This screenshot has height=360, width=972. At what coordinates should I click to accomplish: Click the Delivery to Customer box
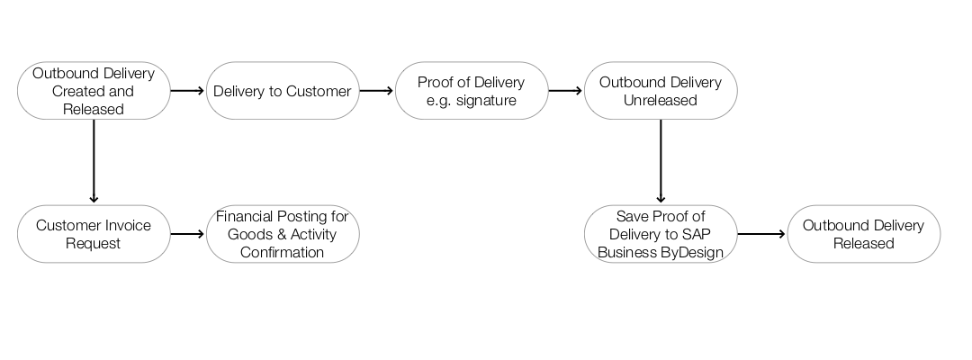282,91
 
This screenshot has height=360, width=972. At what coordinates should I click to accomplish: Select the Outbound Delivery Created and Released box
94,91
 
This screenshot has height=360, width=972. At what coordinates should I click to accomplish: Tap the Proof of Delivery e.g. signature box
471,91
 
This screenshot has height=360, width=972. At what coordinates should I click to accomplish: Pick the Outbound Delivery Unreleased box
660,91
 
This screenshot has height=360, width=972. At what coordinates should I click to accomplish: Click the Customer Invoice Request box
94,234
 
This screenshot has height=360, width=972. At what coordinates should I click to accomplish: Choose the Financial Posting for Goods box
282,234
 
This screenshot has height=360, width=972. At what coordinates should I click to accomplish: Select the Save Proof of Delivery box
660,234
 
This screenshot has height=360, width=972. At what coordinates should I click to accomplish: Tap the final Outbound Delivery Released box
863,234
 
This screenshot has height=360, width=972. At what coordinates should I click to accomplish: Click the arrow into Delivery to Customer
187,91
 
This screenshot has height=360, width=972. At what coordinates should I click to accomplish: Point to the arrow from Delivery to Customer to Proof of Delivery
376,91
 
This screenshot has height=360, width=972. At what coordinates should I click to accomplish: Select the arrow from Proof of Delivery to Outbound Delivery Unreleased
565,91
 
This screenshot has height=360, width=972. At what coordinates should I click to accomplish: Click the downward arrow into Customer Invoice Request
94,162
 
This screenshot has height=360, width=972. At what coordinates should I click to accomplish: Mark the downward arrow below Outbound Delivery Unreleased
661,162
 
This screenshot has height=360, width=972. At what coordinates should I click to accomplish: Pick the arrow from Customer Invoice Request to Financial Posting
187,234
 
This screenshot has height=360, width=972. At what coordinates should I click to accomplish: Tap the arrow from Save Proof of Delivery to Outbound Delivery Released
761,234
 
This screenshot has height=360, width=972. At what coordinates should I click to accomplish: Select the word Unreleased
660,100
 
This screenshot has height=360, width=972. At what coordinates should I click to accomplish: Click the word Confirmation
282,252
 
